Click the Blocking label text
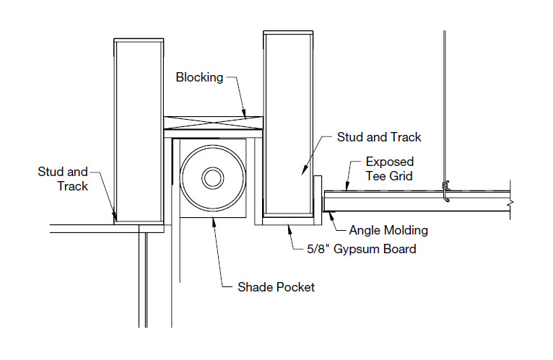199,77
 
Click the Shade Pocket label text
276,287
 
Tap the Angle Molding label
388,231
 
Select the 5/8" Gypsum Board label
359,250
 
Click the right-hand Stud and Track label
379,136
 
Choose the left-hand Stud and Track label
63,179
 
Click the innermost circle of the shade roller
213,178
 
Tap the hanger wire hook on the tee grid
446,193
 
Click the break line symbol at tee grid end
510,205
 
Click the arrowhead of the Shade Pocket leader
214,219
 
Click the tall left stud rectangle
137,130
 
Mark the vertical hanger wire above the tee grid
444,108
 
